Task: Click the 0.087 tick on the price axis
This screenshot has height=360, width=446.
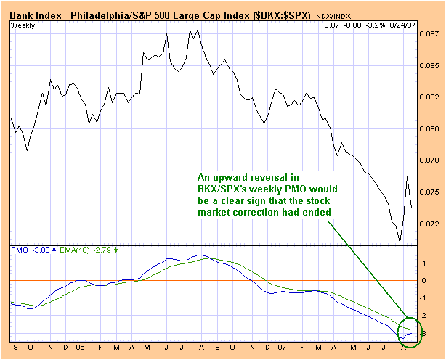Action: point(431,33)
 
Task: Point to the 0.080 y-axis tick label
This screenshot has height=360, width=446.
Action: point(431,128)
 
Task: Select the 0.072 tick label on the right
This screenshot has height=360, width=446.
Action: point(431,224)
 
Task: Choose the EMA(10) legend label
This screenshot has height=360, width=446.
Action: point(71,250)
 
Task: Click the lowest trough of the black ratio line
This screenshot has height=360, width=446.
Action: point(400,242)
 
